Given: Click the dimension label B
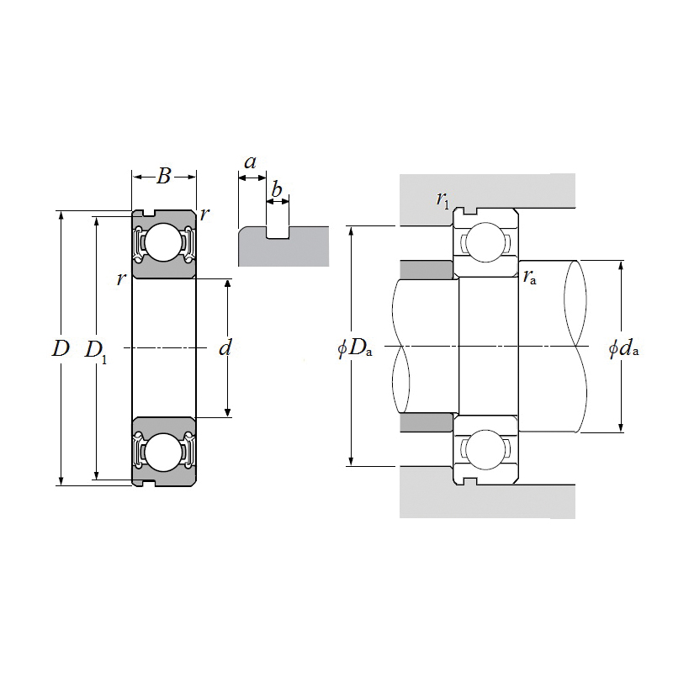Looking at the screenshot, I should click(x=164, y=176).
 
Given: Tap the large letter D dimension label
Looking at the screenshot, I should click(x=59, y=348).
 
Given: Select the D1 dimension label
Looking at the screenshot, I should click(x=96, y=350).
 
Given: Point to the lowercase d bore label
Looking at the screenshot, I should click(x=225, y=347).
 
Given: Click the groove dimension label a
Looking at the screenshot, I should click(x=250, y=161).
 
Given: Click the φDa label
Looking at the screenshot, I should click(x=354, y=348).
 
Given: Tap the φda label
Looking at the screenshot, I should click(x=623, y=348).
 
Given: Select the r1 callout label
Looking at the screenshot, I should click(x=442, y=199).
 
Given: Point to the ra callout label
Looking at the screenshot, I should click(x=530, y=277).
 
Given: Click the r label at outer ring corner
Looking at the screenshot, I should click(x=204, y=215).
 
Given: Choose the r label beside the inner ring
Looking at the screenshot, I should click(x=122, y=278).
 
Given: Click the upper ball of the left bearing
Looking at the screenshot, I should click(x=163, y=243).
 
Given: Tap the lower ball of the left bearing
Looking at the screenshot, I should click(x=163, y=452).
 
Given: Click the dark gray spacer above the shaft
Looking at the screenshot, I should click(x=426, y=269).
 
